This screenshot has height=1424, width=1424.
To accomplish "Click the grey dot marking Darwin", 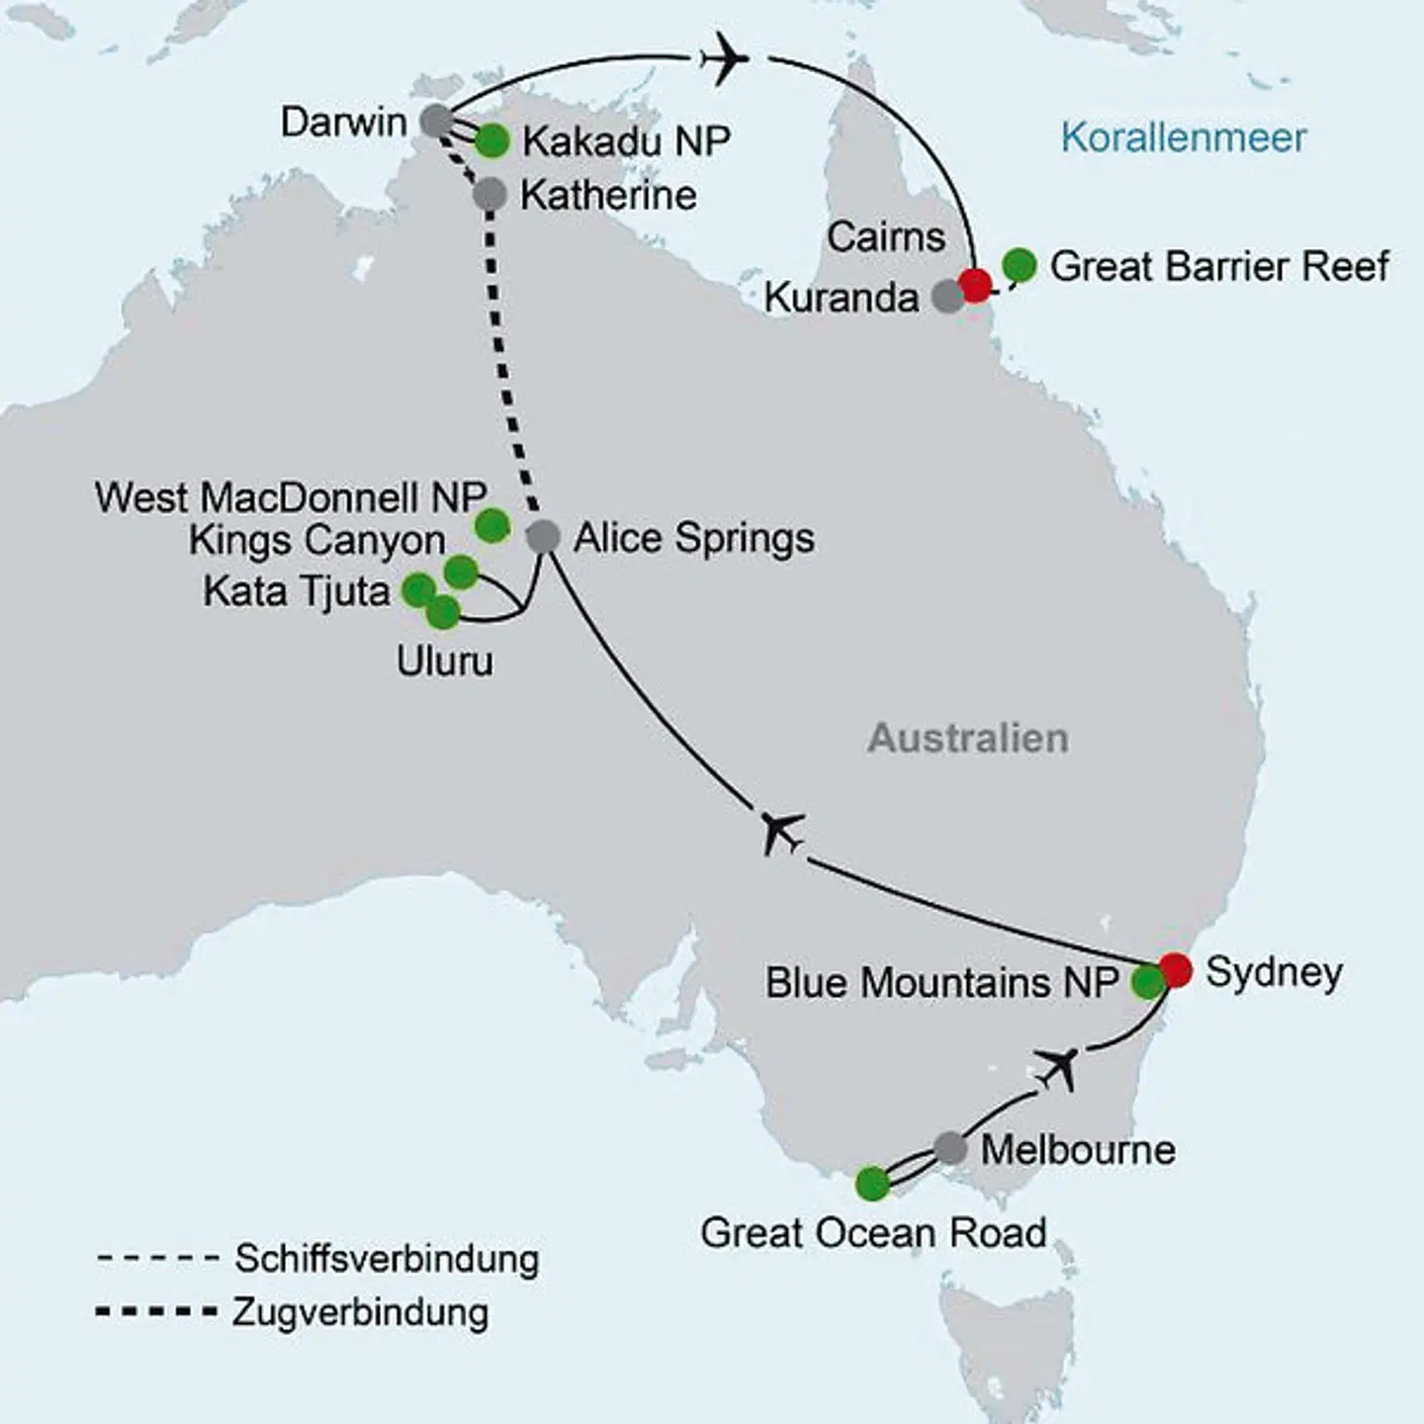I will coord(436,121).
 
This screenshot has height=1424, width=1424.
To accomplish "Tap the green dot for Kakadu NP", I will coord(491,141).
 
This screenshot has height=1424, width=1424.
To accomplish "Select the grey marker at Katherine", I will coord(489,195).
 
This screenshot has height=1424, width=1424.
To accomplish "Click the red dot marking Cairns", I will coord(975,285).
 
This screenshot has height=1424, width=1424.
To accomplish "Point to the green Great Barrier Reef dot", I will coord(1020,265).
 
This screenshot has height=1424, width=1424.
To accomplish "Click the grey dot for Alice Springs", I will coord(543,536).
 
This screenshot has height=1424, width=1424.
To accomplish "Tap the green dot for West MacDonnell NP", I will coord(492,525).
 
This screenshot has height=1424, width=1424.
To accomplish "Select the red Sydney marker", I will coord(1176,969).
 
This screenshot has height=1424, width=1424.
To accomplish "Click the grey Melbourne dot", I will coord(950,1148).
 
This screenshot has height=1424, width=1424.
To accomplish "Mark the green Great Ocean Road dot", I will coord(872,1183).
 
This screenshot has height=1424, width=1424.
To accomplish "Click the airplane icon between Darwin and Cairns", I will coord(724,60).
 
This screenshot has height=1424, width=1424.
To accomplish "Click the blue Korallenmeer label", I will coord(1183,137).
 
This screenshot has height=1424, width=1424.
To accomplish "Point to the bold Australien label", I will coord(968,739).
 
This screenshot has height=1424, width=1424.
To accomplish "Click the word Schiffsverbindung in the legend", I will coord(387,1259).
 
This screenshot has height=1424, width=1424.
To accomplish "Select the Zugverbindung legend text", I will coord(361,1312).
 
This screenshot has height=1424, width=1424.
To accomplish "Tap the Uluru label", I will coord(444,661).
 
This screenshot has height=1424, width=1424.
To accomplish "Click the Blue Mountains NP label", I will coord(941,983).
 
